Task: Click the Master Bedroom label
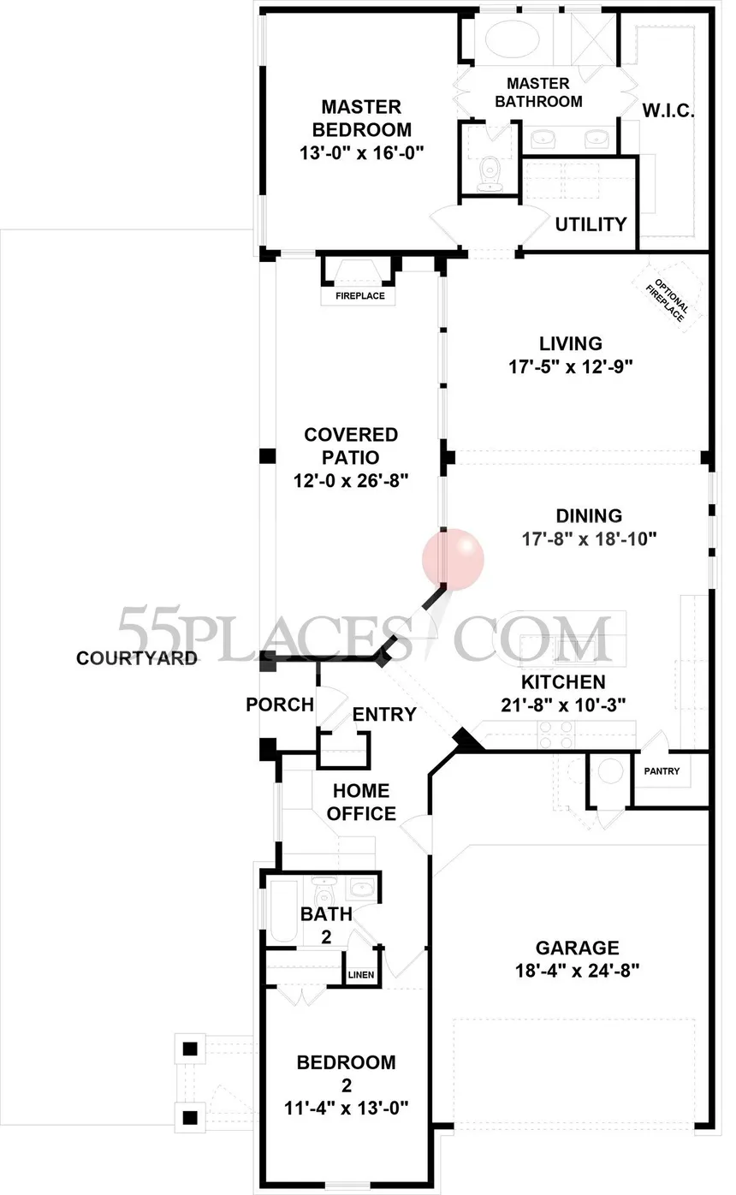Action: coord(362,118)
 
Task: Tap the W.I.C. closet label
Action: coord(668,111)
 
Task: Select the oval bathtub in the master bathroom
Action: coord(512,39)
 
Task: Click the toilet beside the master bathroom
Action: coord(490,175)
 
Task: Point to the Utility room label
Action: coord(591,224)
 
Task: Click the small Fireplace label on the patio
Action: coord(360,295)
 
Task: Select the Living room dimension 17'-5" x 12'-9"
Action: coord(570,367)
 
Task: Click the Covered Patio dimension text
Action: coord(350,481)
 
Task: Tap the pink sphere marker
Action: coord(453,560)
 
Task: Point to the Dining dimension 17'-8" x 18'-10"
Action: coord(589,538)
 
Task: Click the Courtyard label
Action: coord(137,658)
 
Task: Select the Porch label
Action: coord(280,705)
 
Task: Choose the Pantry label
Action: coord(662,771)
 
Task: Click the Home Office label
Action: coord(361,802)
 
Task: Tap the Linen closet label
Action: coord(361,975)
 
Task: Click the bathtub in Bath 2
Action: coord(284,911)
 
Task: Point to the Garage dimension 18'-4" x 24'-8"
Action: coord(577,971)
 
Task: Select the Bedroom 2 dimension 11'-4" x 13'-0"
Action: coord(346,1109)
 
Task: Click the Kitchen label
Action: coord(563,681)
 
